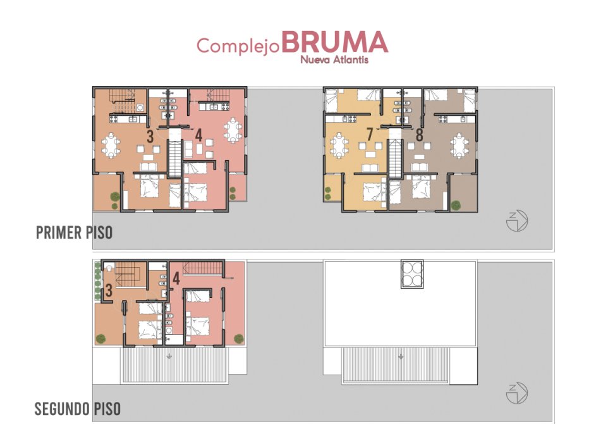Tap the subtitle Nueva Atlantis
334,60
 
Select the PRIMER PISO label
74,232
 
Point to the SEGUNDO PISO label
78,409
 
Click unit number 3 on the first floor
150,136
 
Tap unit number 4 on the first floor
198,135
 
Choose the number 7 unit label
370,135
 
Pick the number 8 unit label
420,135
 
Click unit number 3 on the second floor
109,290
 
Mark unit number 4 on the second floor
176,278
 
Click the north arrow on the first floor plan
517,221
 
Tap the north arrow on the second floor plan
517,393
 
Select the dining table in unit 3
111,146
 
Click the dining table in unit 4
233,130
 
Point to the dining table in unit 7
339,146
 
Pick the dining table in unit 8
459,146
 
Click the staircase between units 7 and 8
395,158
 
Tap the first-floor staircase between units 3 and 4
175,158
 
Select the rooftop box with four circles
412,274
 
